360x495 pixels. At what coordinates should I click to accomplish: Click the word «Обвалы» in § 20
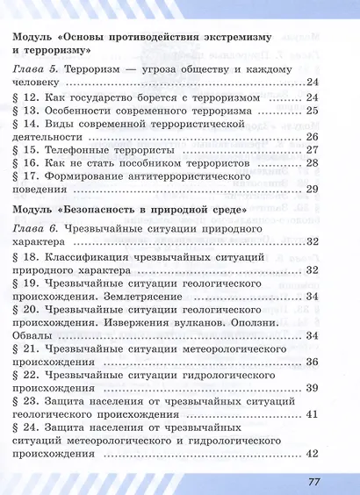pyautogui.click(x=34, y=336)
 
